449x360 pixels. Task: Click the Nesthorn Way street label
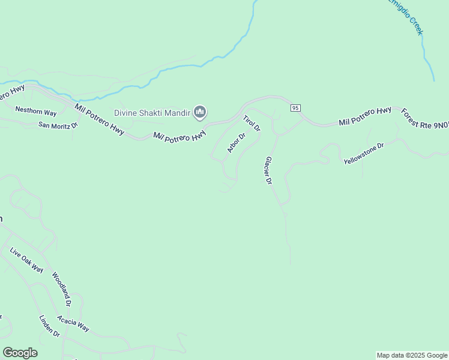coord(36,112)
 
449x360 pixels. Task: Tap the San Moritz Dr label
coord(58,125)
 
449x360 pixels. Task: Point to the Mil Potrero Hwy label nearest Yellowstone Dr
coord(364,116)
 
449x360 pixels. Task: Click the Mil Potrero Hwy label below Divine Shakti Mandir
coord(179,137)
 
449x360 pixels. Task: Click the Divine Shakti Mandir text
coord(152,112)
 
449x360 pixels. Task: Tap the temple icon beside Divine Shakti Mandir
coord(200,112)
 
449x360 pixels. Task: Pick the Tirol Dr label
coord(252,124)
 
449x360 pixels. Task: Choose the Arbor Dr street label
coord(237,143)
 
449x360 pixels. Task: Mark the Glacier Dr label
coord(269,170)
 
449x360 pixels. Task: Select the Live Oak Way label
coord(26,260)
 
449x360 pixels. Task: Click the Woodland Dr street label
coord(61,290)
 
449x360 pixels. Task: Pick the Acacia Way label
coord(73,323)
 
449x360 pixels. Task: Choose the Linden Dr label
coord(49,326)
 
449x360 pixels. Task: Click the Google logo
coord(20,353)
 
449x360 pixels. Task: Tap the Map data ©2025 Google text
coord(412,355)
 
